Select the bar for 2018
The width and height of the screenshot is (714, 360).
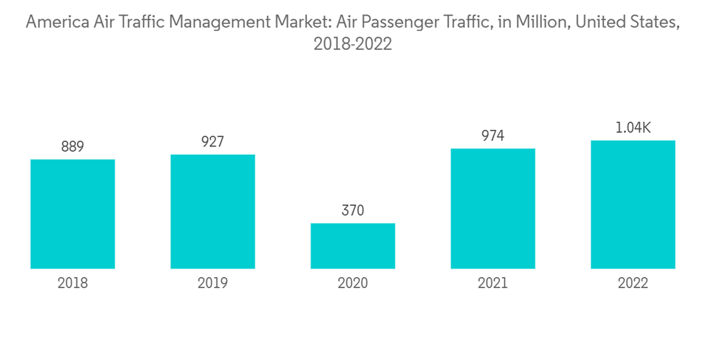[73, 214]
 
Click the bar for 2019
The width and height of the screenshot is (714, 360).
[213, 211]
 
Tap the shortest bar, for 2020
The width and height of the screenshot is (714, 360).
[353, 246]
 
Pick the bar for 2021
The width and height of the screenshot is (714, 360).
[493, 209]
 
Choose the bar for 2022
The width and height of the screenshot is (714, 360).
[633, 204]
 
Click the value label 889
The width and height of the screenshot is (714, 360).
[73, 147]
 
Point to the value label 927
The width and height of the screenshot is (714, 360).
[213, 141]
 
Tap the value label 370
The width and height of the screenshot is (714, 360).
[353, 211]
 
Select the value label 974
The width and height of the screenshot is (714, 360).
[493, 136]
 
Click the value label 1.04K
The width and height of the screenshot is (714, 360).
[633, 128]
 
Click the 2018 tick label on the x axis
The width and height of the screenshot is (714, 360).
[73, 284]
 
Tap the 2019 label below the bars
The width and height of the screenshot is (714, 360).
[213, 284]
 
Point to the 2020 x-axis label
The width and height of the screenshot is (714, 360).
[353, 284]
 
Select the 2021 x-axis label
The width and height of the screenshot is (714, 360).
[493, 284]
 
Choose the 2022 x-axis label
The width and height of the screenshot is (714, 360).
[633, 284]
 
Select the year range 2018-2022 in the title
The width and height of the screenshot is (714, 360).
[353, 44]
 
